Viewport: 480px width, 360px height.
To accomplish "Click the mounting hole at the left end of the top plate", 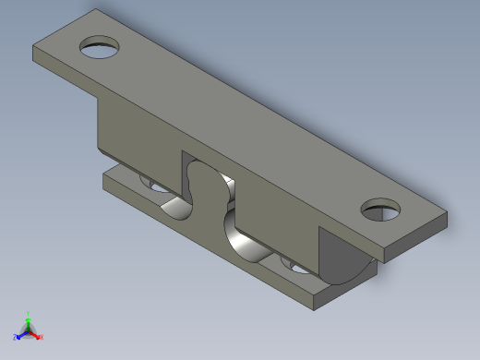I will (x=100, y=47).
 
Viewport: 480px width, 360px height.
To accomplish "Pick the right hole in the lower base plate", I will (x=297, y=268).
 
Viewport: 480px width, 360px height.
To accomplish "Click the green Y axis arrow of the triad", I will (x=28, y=318).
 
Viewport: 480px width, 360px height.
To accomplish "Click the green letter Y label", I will (x=28, y=313).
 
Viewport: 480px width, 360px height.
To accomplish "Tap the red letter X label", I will (x=41, y=338).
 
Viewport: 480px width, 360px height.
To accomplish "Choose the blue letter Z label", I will (x=16, y=338).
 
